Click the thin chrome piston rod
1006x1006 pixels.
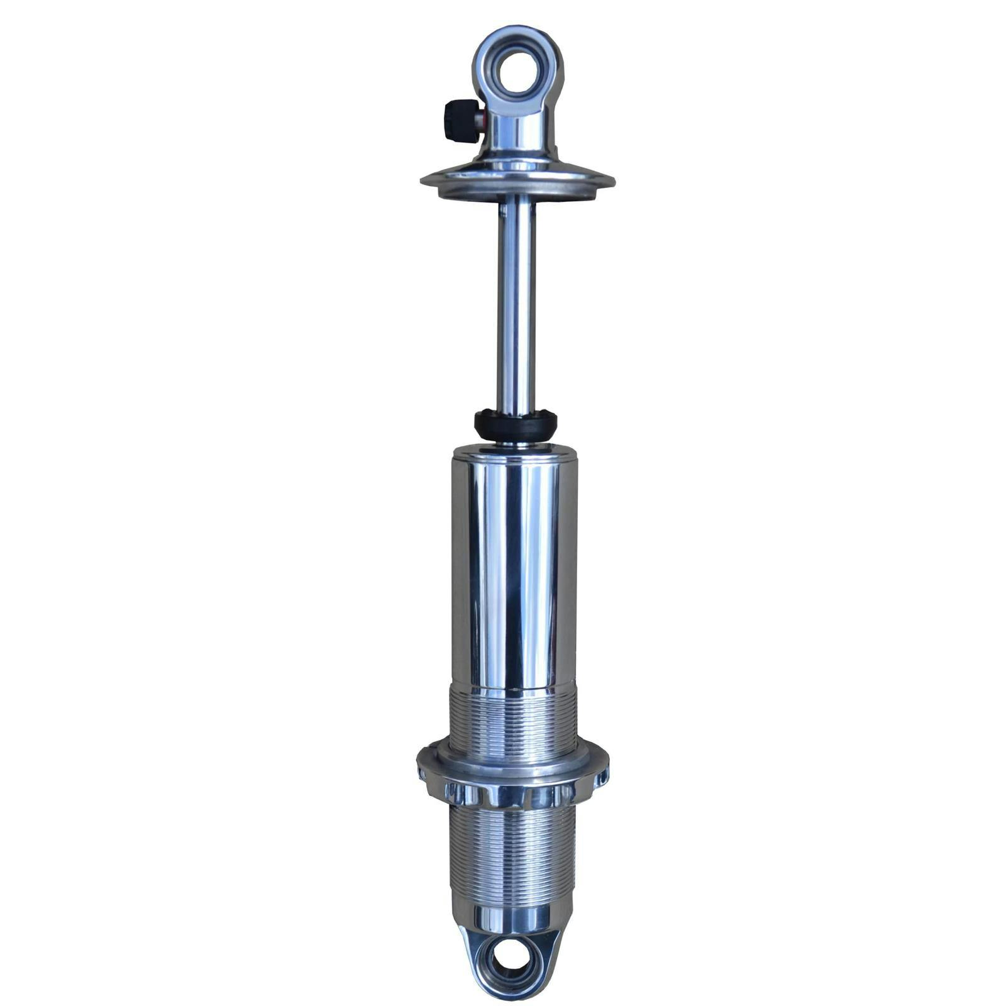click(516, 302)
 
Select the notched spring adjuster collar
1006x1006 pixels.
click(512, 783)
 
